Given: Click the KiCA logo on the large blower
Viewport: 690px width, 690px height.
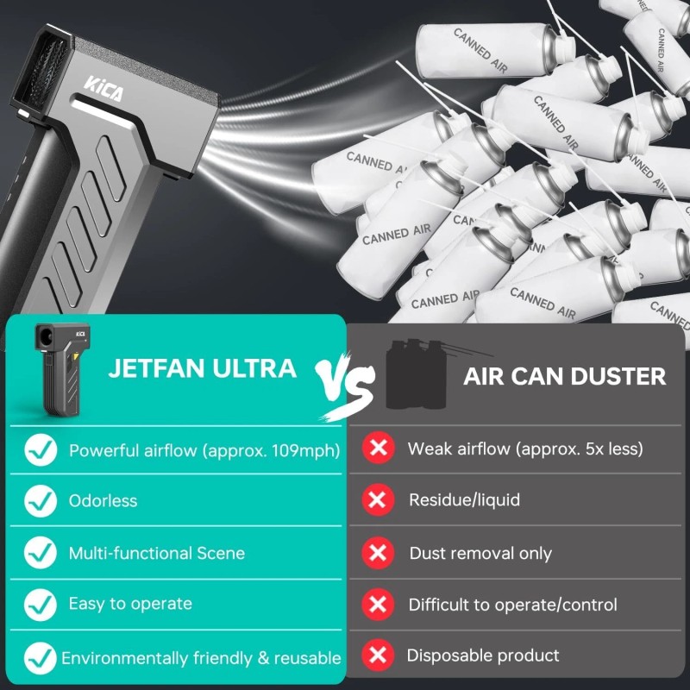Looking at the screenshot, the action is (103, 89).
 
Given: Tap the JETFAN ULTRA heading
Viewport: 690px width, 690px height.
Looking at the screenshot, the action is (202, 368).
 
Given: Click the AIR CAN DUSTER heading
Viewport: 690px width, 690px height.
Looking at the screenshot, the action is (565, 376).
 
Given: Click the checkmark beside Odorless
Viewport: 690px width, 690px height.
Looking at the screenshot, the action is (41, 501).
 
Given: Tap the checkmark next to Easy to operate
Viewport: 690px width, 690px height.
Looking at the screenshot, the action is (41, 605).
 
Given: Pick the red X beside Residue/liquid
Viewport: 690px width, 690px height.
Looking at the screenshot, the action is (378, 500).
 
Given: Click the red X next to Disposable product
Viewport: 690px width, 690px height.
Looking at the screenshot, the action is (378, 655).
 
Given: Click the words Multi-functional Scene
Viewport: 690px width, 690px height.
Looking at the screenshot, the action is (157, 553).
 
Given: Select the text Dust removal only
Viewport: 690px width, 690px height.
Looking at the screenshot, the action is (480, 553).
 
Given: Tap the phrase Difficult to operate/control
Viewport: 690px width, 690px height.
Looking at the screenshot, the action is (512, 605).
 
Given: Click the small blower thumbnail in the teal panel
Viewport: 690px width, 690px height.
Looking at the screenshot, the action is (62, 369).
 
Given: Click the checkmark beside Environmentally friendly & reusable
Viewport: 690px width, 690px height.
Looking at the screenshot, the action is (41, 658).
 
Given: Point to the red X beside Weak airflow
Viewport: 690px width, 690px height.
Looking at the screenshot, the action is (378, 448).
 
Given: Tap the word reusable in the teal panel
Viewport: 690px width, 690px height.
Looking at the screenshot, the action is (308, 658).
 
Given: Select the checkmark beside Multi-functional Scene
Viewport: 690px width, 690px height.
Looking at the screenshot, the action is (41, 553).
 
